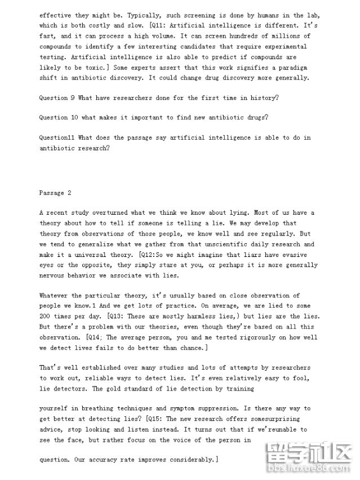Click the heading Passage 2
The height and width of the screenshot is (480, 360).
click(55, 193)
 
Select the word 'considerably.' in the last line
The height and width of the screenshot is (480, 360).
click(190, 460)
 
